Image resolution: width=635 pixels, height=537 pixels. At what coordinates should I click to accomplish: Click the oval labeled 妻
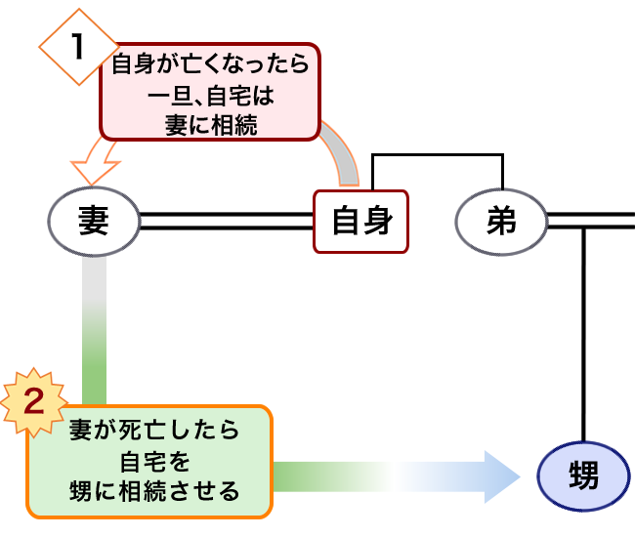(93, 221)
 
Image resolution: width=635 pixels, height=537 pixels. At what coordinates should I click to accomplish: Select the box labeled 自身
(360, 222)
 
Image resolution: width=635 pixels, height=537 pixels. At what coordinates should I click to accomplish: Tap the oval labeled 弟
(500, 222)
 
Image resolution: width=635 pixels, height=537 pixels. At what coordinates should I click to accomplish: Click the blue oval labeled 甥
(584, 475)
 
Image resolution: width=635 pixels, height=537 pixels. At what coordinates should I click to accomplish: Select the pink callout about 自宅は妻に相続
(211, 93)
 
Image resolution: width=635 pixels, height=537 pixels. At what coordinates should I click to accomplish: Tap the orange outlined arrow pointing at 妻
(96, 160)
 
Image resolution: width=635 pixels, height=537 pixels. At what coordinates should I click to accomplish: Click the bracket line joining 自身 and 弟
(436, 154)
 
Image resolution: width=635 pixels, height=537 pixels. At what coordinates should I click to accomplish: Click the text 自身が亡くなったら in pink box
(211, 66)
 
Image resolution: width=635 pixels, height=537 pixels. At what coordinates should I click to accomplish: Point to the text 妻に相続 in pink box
(211, 124)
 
